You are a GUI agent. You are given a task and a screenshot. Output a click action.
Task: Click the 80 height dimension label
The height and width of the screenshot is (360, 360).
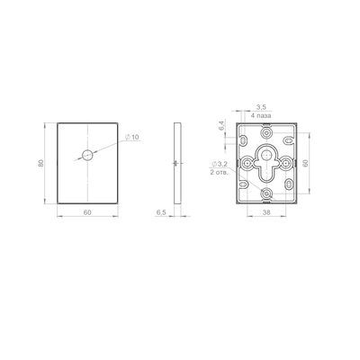coord(40,163)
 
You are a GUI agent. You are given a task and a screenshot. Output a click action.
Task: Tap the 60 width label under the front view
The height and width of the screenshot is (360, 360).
coord(87,212)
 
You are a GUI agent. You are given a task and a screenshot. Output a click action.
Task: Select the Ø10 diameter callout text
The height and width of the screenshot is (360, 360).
coord(132,137)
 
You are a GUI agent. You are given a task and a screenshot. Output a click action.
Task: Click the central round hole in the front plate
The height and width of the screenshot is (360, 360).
coord(87,155)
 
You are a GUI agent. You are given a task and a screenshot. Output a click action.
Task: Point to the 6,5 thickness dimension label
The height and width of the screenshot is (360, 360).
coord(161,212)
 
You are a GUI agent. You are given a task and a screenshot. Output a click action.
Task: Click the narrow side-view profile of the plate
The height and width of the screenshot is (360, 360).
coord(177,163)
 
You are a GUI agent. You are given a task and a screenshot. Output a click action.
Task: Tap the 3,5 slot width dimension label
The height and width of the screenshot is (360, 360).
coord(262,107)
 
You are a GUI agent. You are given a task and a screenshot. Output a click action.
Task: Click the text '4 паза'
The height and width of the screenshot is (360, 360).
coord(262,115)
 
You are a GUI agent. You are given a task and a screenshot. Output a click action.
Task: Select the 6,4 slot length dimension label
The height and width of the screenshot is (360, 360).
coord(221,125)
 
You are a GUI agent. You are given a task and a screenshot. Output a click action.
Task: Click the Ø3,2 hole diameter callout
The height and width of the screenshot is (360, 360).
coord(220,164)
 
